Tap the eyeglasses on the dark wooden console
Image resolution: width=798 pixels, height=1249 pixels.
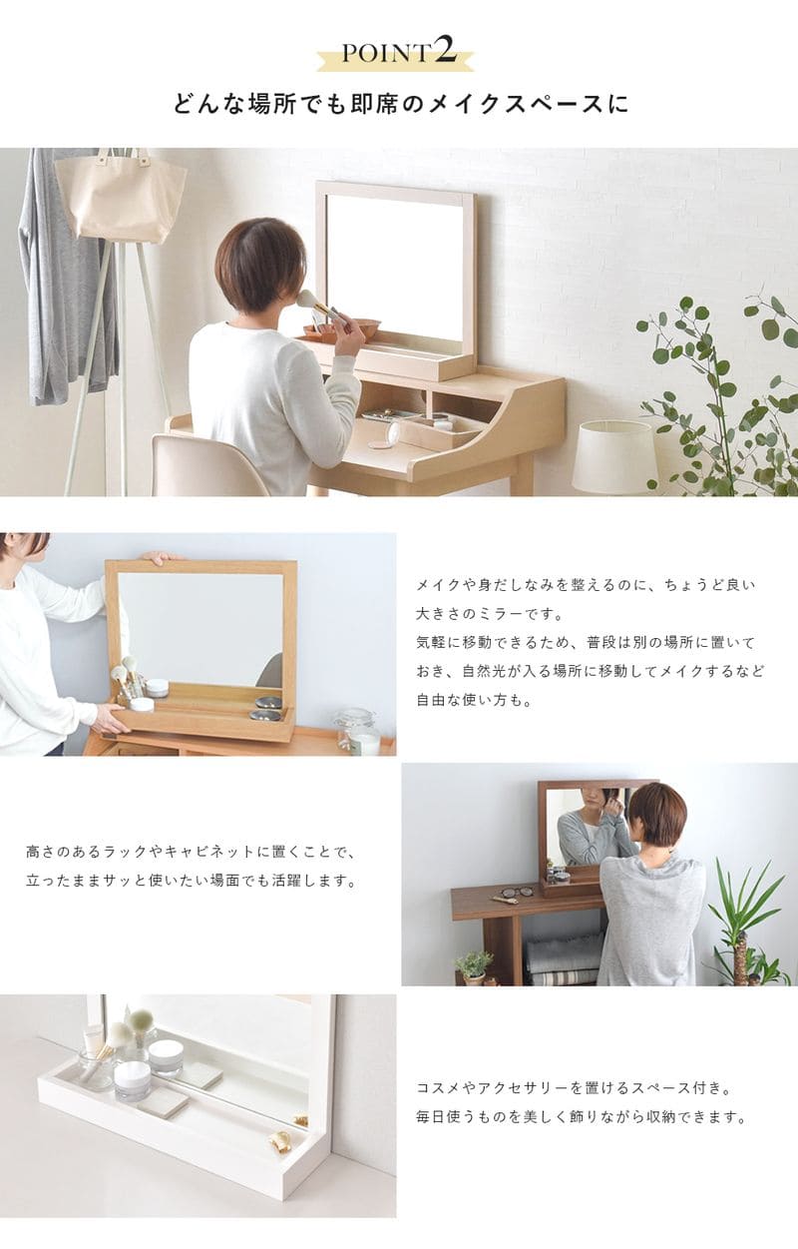pyautogui.click(x=517, y=892)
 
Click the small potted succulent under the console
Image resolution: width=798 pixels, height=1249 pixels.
pyautogui.click(x=474, y=966)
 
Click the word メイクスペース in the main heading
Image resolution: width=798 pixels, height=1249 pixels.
pyautogui.click(x=513, y=104)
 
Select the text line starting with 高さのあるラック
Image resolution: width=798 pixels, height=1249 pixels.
pyautogui.click(x=191, y=853)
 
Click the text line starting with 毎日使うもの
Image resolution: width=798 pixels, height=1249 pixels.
pyautogui.click(x=581, y=1117)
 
